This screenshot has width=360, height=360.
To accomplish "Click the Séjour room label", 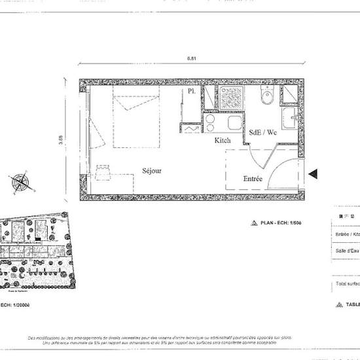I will point(152,171).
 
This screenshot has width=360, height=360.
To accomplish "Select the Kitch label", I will point(223,141).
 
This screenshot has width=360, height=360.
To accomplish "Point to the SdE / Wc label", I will point(263,132).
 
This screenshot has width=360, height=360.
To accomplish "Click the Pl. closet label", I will point(192,92).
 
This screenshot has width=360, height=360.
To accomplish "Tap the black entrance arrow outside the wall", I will point(313,173).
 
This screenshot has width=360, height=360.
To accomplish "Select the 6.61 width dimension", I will point(191,60).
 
